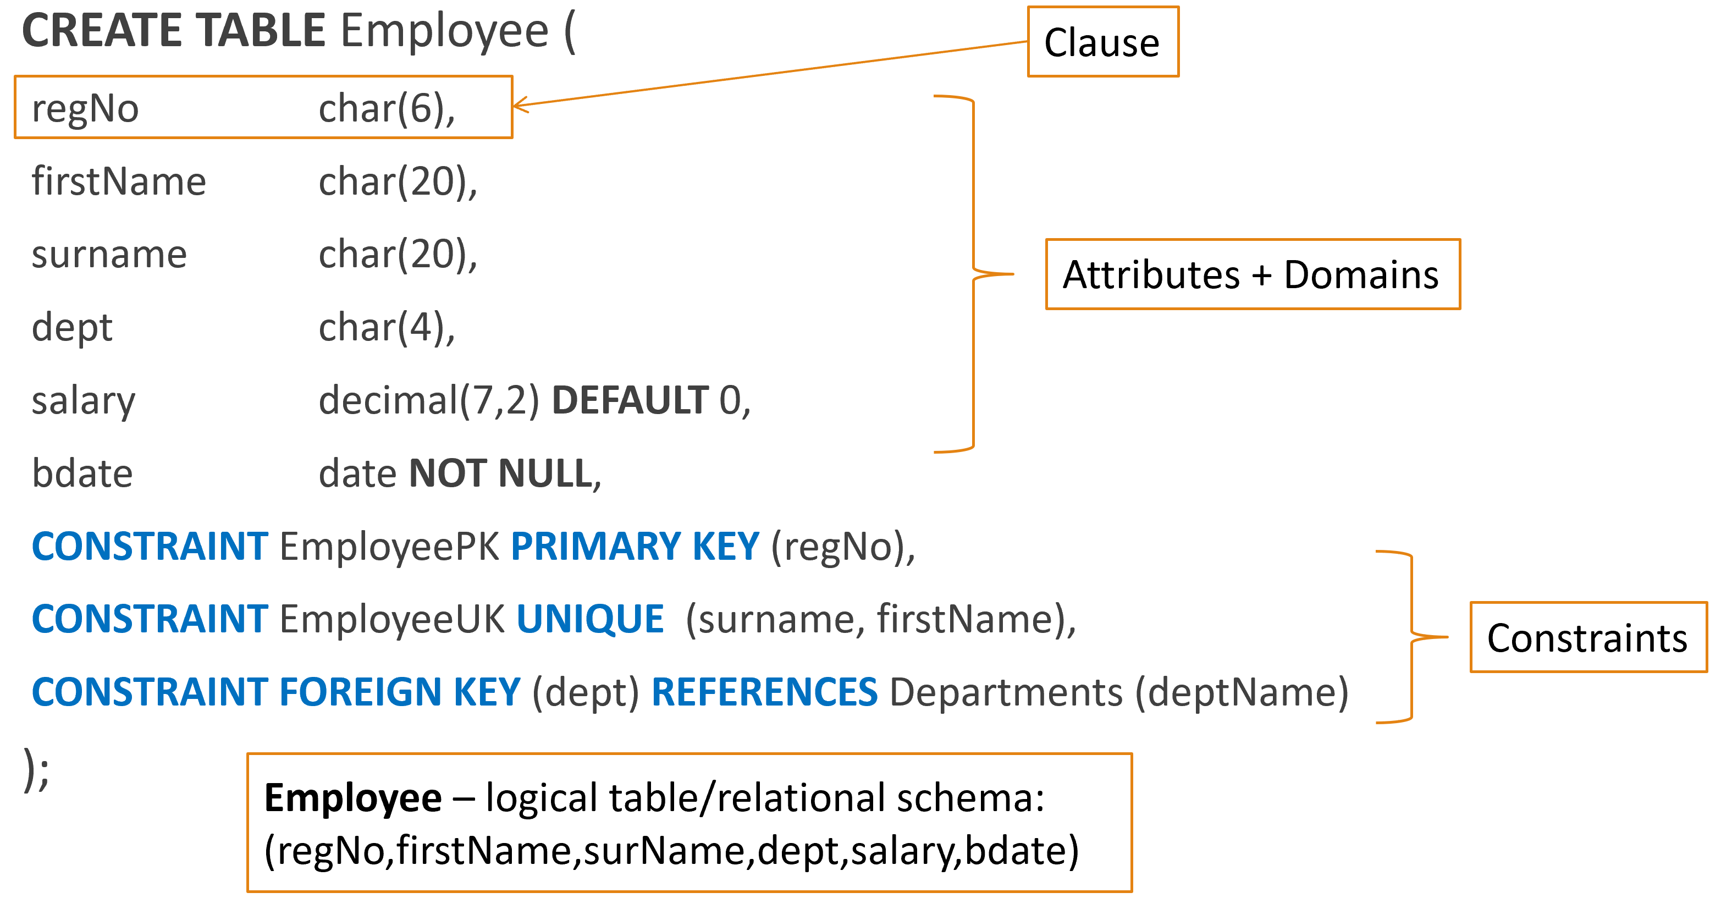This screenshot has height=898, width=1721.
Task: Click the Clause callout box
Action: (1102, 42)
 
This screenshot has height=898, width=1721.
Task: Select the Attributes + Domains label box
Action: (1252, 274)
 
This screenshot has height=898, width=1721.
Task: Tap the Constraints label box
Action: (1587, 637)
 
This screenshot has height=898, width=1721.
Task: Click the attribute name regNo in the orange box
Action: (86, 109)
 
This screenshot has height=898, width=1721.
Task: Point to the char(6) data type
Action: (385, 109)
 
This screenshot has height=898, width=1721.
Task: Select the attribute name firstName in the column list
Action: (119, 181)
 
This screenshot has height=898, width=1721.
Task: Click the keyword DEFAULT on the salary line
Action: (630, 400)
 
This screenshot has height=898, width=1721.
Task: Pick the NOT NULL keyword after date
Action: (501, 473)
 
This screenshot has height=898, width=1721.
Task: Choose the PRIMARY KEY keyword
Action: (635, 547)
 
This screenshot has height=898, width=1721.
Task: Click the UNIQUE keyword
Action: (590, 619)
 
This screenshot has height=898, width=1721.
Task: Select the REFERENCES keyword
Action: (764, 692)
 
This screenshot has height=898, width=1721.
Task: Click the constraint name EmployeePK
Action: (389, 547)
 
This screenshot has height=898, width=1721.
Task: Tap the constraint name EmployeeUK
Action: (392, 619)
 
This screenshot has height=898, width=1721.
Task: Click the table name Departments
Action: (1006, 692)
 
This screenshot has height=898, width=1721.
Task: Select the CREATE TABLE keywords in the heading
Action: (174, 31)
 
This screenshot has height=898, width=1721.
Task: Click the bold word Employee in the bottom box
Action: (353, 798)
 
